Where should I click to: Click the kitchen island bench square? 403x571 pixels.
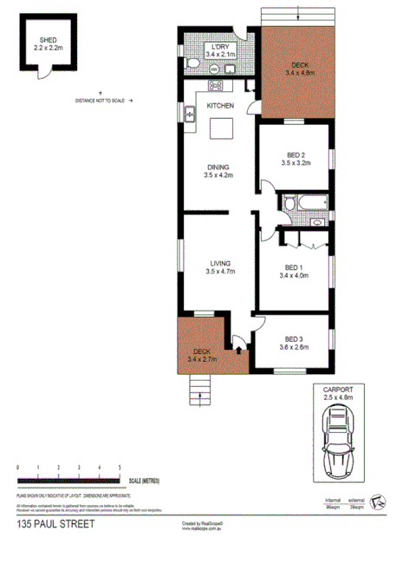tap(224, 129)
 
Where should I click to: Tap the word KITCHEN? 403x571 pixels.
tap(220, 106)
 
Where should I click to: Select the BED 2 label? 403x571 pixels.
tap(296, 156)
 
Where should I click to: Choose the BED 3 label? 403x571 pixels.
tap(296, 343)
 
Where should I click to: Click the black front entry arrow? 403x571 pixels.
tap(238, 351)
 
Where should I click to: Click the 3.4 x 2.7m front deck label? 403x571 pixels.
tap(202, 354)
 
